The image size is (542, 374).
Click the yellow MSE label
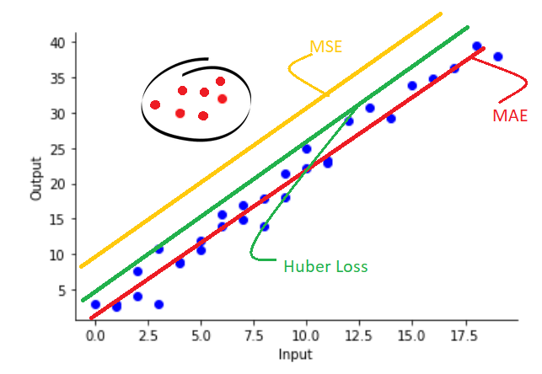[x=325, y=46]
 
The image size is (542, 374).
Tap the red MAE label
[x=510, y=115]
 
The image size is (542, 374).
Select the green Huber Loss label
[x=325, y=266]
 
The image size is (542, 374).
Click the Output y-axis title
[x=36, y=176]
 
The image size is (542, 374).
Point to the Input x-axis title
[x=293, y=355]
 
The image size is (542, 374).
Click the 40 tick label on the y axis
[x=67, y=42]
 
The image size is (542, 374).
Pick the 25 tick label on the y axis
[x=67, y=149]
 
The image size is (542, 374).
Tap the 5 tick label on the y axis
[x=71, y=291]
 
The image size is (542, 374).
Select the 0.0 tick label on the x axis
[x=95, y=335]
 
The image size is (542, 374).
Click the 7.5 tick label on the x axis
[x=253, y=335]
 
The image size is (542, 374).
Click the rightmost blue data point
[x=498, y=56]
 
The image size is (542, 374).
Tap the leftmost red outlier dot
[x=155, y=104]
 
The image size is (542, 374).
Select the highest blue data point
[x=477, y=46]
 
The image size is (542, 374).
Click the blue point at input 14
[x=391, y=119]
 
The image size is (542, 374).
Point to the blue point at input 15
[x=412, y=86]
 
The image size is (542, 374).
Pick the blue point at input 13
[x=370, y=108]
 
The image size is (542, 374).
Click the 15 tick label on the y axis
[x=67, y=220]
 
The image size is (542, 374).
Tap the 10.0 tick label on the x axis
[x=306, y=335]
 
